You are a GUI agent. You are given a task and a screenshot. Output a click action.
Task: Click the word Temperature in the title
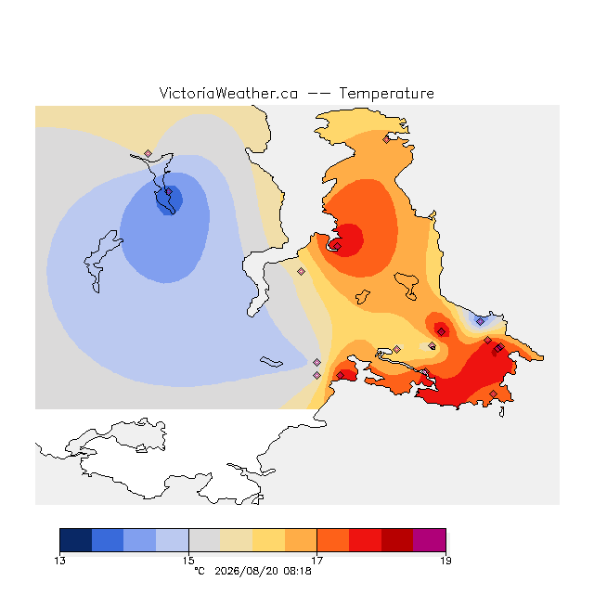tap(386, 93)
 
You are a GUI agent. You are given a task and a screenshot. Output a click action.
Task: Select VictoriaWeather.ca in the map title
tap(228, 93)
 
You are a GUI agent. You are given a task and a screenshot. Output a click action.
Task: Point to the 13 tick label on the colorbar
tap(59, 561)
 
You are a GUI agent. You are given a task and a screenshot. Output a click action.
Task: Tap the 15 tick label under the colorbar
tap(188, 561)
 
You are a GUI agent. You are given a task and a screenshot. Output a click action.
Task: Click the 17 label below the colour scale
tap(317, 561)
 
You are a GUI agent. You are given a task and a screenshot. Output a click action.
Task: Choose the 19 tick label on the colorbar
tap(445, 561)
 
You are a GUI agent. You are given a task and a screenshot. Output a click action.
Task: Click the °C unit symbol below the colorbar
tap(200, 571)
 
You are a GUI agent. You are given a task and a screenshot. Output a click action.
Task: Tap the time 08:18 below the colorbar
tap(297, 571)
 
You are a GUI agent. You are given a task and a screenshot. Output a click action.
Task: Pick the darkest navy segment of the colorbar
tap(76, 540)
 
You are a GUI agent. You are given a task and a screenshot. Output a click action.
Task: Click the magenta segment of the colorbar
tap(430, 540)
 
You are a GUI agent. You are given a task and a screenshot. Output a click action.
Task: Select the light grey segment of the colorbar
tap(204, 540)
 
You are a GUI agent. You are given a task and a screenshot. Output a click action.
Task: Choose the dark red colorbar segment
tap(397, 540)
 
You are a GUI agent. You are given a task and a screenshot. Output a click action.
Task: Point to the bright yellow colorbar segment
tap(268, 540)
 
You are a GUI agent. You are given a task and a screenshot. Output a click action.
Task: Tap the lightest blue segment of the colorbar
tap(173, 540)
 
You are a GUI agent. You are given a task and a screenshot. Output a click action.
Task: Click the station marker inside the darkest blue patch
tap(169, 192)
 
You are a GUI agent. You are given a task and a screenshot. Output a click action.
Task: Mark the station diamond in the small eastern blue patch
tap(480, 322)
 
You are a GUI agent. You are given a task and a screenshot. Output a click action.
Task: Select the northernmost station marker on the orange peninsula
tap(386, 140)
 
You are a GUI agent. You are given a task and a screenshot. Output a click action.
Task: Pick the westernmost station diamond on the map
tap(148, 153)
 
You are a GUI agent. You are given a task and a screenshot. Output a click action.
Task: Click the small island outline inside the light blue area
tap(271, 362)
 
